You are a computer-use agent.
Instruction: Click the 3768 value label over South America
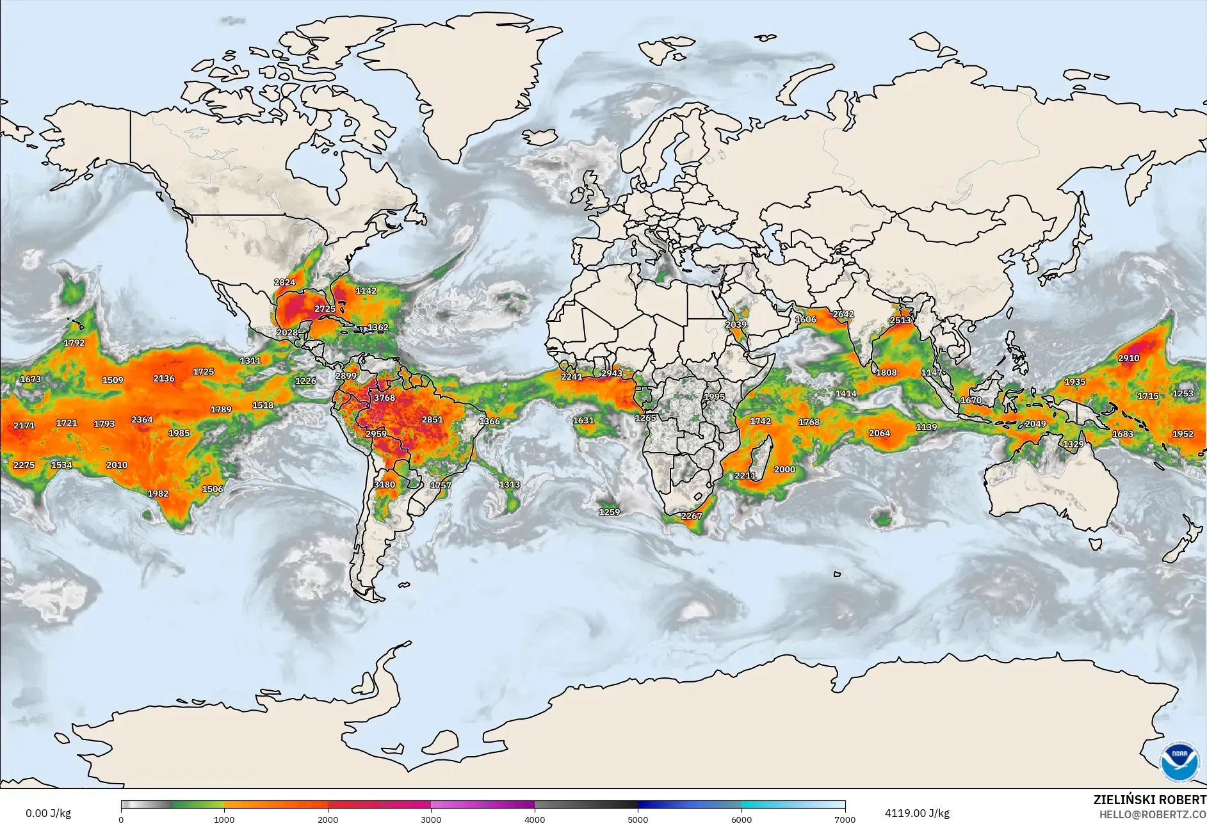click(x=384, y=398)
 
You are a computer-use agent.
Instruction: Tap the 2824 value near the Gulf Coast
click(x=285, y=282)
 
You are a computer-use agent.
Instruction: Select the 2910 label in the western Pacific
click(x=1128, y=358)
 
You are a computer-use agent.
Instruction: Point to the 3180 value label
click(x=384, y=485)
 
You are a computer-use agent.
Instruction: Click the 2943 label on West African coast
click(x=612, y=373)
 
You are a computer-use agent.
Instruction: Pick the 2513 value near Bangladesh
click(x=900, y=320)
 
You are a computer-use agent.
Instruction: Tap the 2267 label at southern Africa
click(x=691, y=516)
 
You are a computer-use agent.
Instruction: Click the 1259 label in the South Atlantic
click(x=609, y=512)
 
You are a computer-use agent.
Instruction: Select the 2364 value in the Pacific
click(x=142, y=419)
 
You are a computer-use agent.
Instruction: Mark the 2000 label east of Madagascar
click(x=784, y=469)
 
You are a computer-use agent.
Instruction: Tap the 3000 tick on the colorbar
click(x=431, y=819)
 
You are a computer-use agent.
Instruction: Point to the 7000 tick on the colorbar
click(x=845, y=819)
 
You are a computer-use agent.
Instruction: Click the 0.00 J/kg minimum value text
click(x=48, y=813)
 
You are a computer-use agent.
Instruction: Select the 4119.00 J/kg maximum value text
click(x=917, y=813)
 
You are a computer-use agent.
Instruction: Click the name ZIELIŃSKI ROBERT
click(x=1149, y=800)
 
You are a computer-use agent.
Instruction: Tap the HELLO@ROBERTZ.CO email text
click(x=1153, y=814)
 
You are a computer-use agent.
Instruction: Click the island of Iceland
click(x=539, y=137)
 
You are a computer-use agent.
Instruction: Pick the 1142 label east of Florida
click(x=366, y=291)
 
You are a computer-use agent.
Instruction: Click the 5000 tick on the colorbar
click(x=638, y=819)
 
